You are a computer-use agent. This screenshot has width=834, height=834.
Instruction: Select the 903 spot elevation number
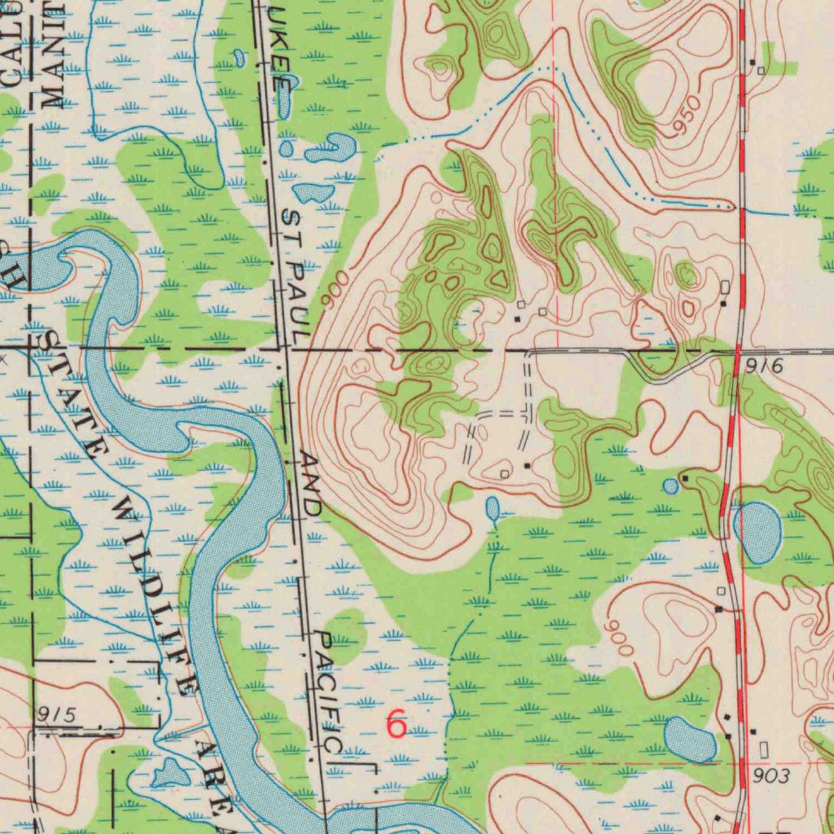(x=770, y=776)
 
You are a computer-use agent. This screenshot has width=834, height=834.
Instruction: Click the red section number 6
(x=396, y=723)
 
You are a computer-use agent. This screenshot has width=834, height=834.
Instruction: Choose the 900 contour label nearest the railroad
(x=334, y=288)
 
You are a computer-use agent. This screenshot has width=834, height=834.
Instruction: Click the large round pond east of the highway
(x=758, y=533)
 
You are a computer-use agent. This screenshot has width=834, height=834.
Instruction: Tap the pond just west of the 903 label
(x=689, y=739)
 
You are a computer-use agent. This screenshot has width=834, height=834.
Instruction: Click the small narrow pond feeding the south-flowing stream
(x=493, y=510)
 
